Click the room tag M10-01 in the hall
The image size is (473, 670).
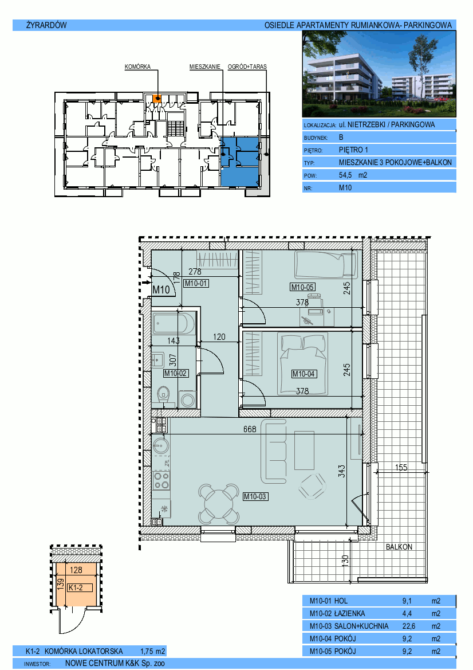pos(196,283)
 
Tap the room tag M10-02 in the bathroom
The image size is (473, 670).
pos(176,374)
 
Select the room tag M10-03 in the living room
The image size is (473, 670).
pos(255,496)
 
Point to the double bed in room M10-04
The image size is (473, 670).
pos(303,364)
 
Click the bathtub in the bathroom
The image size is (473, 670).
pos(174,324)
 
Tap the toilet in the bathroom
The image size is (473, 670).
pos(164,395)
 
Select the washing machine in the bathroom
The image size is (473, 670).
pos(187,399)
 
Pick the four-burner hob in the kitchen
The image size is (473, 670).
pos(161,480)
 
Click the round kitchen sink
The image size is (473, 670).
pos(161,446)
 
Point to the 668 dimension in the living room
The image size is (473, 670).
pos(250,429)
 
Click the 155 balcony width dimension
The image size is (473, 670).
pos(401,468)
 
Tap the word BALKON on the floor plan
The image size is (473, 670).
pos(399,547)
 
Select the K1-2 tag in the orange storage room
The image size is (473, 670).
pos(76,588)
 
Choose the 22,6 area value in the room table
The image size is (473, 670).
pos(408,626)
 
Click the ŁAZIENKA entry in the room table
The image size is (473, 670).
pos(350,614)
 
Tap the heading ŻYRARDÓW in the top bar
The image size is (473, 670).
pos(46,25)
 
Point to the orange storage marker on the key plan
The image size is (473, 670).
pos(157,99)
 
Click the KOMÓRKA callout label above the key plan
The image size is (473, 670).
pos(137,66)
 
